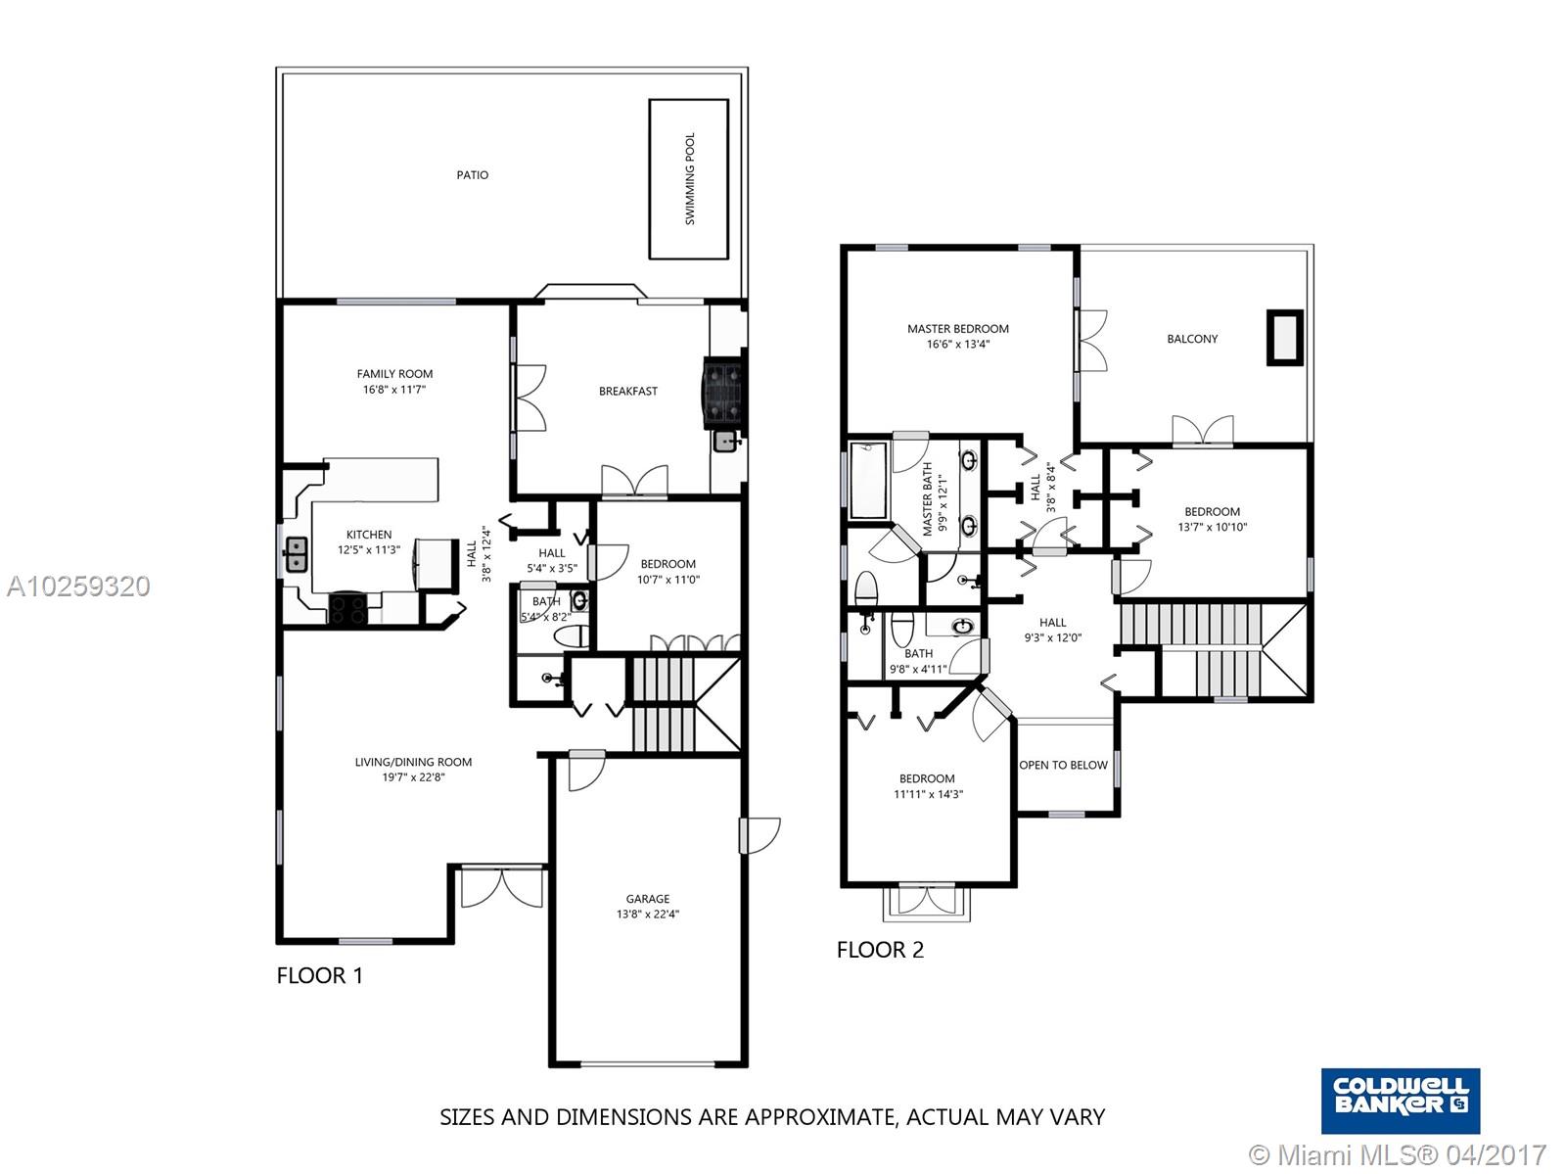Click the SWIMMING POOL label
pyautogui.click(x=689, y=179)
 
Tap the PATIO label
pyautogui.click(x=473, y=174)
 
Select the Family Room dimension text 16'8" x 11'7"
pyautogui.click(x=394, y=390)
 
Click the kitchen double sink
pyautogui.click(x=296, y=555)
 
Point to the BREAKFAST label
pyautogui.click(x=628, y=391)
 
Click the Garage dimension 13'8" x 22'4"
pyautogui.click(x=648, y=914)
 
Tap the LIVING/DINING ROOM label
pyautogui.click(x=414, y=762)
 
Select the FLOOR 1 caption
pyautogui.click(x=320, y=975)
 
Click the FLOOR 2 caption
pyautogui.click(x=881, y=950)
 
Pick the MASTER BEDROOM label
pyautogui.click(x=958, y=329)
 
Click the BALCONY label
pyautogui.click(x=1192, y=339)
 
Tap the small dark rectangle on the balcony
pyautogui.click(x=1285, y=338)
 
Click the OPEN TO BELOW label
pyautogui.click(x=1063, y=766)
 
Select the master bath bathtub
pyautogui.click(x=868, y=480)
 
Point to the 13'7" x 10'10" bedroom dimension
pyautogui.click(x=1212, y=527)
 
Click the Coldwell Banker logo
pyautogui.click(x=1401, y=1101)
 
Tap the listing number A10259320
pyautogui.click(x=78, y=587)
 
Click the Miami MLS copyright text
pyautogui.click(x=1399, y=1154)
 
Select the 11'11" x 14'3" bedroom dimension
pyautogui.click(x=928, y=794)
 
